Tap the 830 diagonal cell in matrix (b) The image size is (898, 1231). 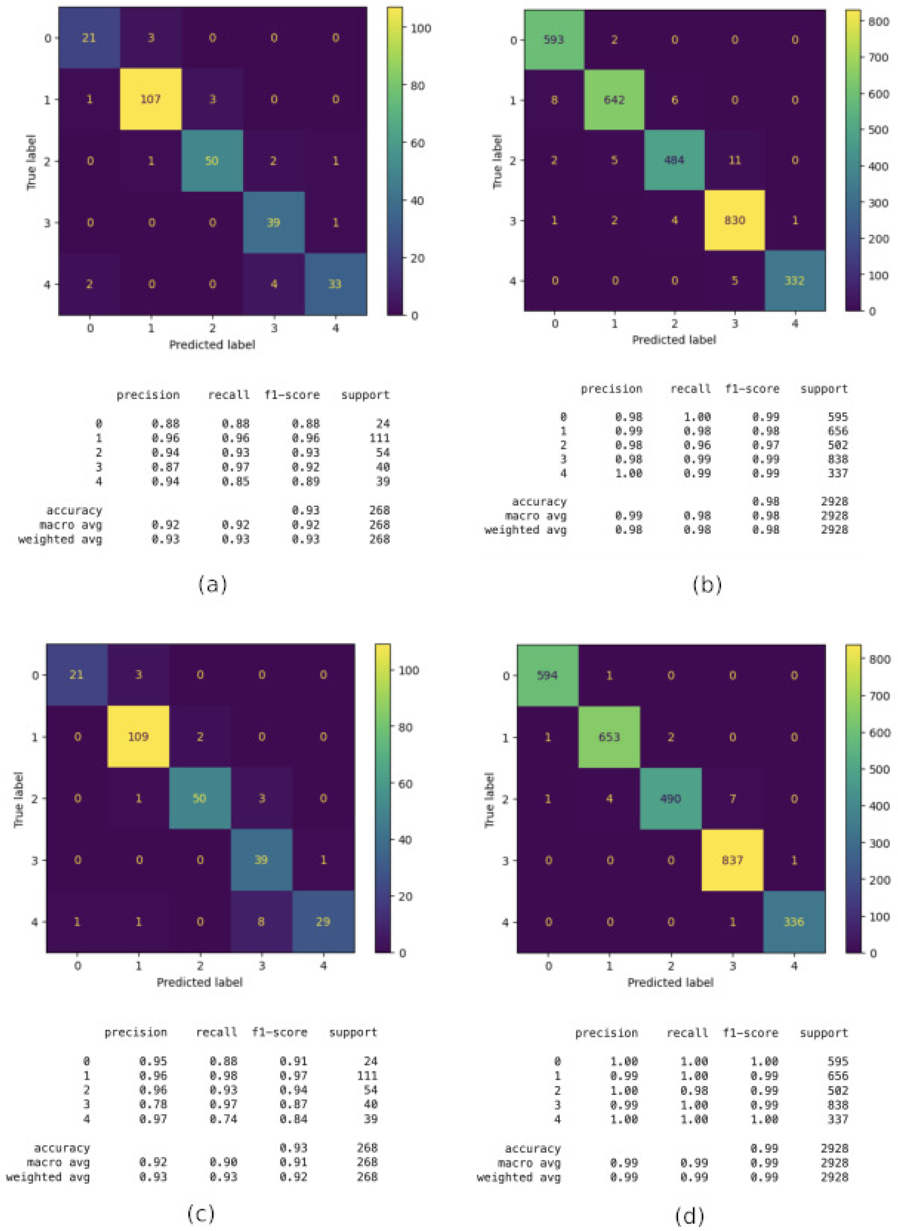pyautogui.click(x=734, y=220)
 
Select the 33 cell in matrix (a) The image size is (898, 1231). pyautogui.click(x=335, y=284)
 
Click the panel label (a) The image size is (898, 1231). pyautogui.click(x=212, y=585)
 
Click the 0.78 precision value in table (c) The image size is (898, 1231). pyautogui.click(x=153, y=1104)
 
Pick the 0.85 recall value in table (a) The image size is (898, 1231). pyautogui.click(x=235, y=481)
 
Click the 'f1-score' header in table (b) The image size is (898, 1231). pyautogui.click(x=752, y=389)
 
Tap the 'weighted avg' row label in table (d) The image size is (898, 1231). pyautogui.click(x=518, y=1177)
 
